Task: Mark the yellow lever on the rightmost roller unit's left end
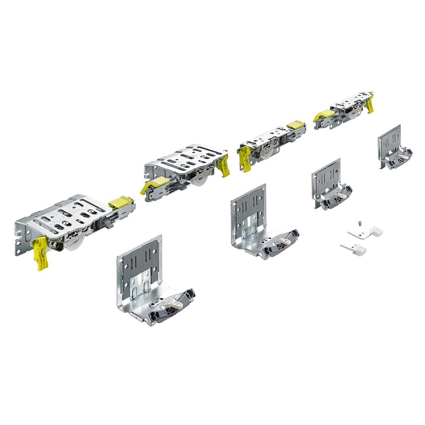tap(321, 116)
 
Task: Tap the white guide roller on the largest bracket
tap(174, 304)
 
